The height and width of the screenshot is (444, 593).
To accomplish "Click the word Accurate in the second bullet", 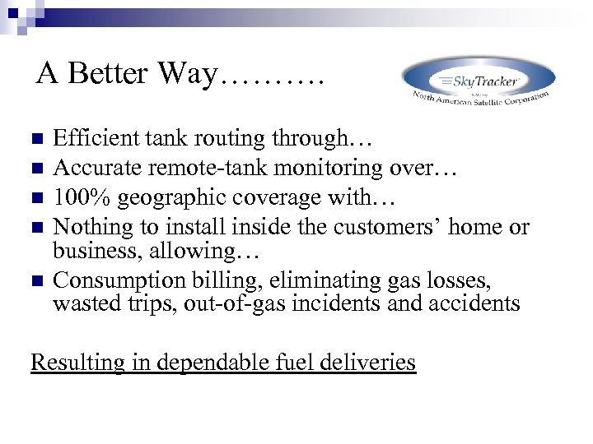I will tap(91, 168).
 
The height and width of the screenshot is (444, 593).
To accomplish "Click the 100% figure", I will tap(77, 197).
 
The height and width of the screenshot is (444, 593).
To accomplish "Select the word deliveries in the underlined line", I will tap(369, 362).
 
